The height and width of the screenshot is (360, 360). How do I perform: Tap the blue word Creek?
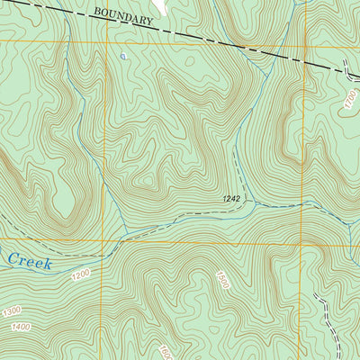[x=29, y=262]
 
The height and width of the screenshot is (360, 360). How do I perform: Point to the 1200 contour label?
[x=80, y=274]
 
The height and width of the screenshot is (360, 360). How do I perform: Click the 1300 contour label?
[x=11, y=311]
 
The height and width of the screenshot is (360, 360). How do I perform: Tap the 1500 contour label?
[x=222, y=280]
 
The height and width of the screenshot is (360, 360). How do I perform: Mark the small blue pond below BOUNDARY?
[x=123, y=56]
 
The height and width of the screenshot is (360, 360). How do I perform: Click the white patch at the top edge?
[x=160, y=7]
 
